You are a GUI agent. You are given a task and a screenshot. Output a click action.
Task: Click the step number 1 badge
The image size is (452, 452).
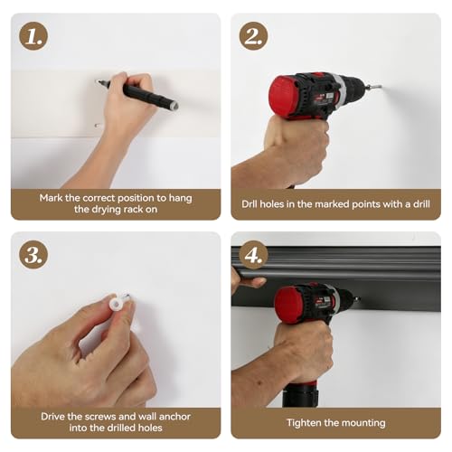click(33, 36)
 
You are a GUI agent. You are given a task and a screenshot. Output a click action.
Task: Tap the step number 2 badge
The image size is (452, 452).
click(253, 36)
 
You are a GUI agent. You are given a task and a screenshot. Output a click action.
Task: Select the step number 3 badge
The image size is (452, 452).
click(33, 255)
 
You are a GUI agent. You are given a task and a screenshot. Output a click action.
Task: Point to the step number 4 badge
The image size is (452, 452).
click(253, 255)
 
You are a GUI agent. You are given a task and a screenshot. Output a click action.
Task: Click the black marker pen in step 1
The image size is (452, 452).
click(137, 93)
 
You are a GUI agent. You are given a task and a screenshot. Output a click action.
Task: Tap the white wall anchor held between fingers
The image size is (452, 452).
click(116, 302)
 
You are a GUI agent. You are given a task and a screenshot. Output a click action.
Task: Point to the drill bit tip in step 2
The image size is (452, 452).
click(381, 87)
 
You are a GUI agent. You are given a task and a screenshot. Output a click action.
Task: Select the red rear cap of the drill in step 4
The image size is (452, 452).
click(288, 305)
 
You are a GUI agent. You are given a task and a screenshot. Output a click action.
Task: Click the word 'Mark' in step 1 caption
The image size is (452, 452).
click(51, 198)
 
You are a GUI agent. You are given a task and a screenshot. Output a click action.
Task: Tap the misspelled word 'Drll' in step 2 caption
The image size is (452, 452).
click(250, 204)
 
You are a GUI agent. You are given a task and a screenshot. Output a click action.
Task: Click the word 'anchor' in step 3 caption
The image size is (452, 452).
click(174, 417)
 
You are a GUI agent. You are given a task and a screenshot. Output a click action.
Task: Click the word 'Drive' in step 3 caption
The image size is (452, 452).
click(52, 417)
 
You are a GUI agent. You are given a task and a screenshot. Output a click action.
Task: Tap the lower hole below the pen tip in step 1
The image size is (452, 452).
click(98, 125)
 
